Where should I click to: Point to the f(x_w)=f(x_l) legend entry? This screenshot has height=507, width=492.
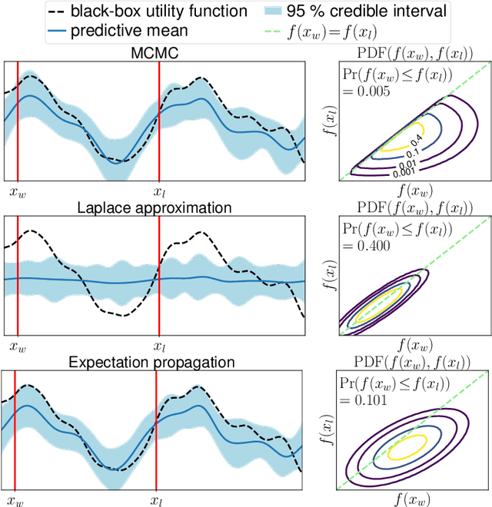[x=400, y=32]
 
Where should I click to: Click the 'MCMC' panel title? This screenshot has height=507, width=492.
[x=152, y=51]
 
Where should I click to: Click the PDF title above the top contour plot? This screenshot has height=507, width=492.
[x=415, y=51]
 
